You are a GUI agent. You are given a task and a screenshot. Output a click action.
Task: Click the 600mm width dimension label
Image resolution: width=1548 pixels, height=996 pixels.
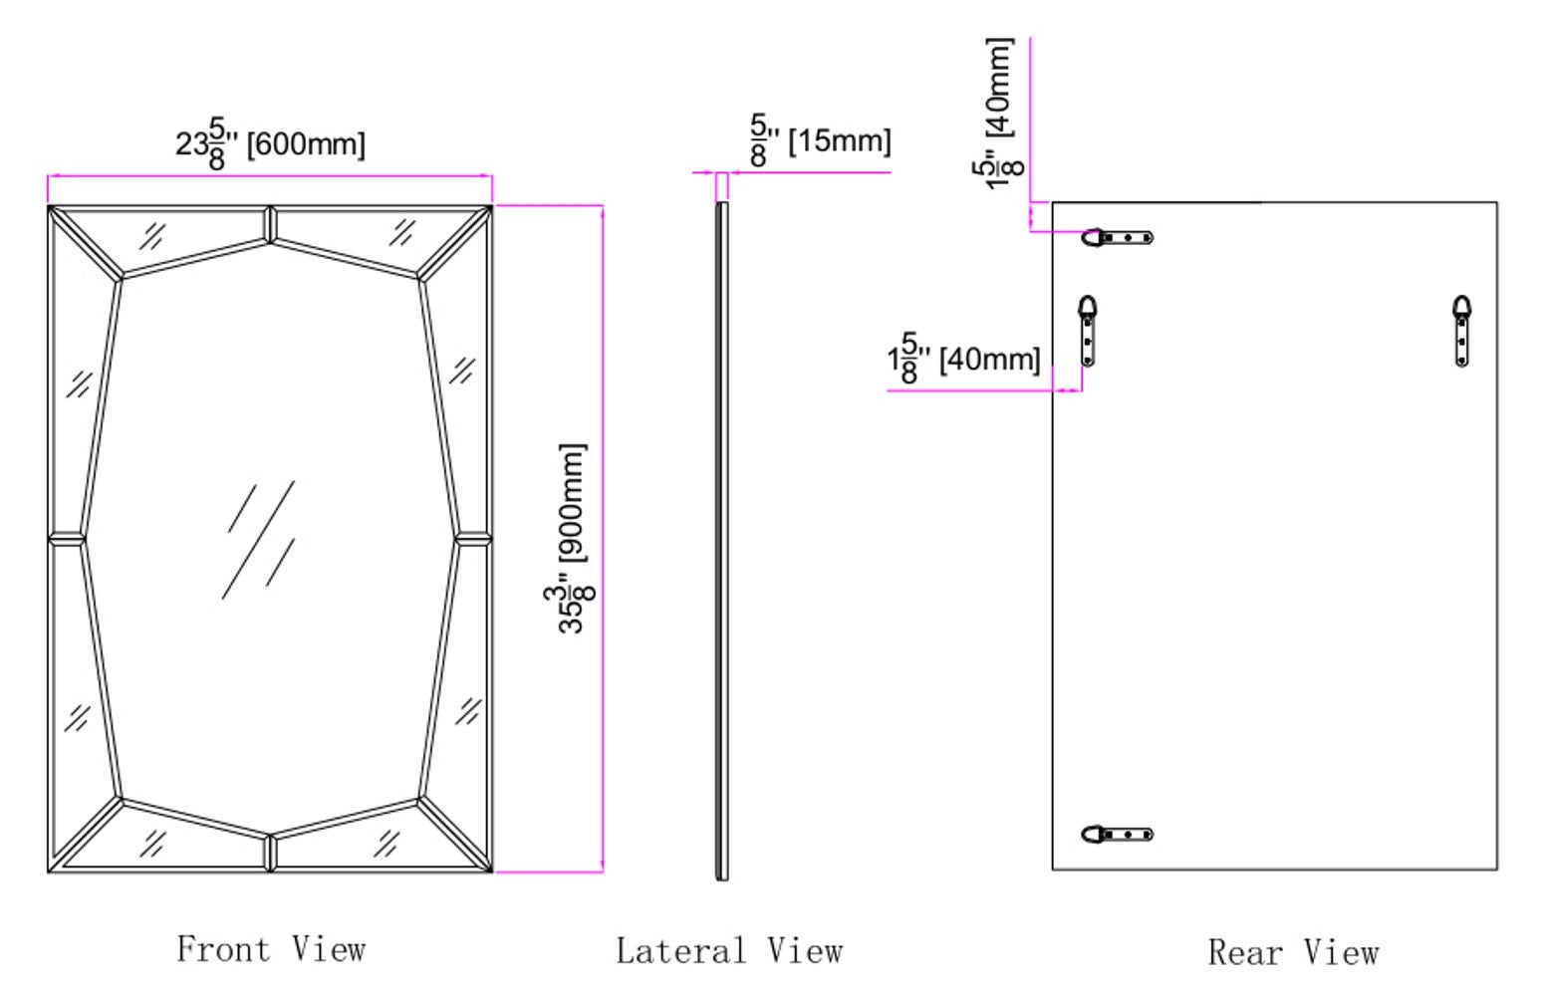click(270, 143)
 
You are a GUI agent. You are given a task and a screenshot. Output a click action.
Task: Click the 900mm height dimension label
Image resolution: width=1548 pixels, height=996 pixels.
click(572, 538)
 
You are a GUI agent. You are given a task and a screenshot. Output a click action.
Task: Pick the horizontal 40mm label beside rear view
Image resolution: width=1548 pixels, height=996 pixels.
click(963, 358)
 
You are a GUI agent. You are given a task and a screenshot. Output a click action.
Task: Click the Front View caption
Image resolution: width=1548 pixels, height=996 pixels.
click(271, 948)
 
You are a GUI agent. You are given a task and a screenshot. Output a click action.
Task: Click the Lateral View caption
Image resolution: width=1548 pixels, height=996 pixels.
click(729, 951)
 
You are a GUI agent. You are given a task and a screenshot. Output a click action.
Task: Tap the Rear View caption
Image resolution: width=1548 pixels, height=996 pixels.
click(1293, 952)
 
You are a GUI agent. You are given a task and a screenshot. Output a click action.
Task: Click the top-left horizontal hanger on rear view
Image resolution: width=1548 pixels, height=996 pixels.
click(1117, 237)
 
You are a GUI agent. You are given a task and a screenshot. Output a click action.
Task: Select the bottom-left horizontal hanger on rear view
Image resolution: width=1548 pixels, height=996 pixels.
click(1117, 834)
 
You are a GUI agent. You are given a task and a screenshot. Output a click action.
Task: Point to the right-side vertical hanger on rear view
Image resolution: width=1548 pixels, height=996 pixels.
click(1461, 331)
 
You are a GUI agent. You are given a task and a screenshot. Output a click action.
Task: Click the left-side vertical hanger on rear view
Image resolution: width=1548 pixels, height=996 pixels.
click(1088, 331)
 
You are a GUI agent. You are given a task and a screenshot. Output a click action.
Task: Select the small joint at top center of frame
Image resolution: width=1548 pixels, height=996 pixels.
click(270, 223)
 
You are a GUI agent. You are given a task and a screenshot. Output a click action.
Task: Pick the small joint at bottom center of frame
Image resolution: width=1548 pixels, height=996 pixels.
click(270, 854)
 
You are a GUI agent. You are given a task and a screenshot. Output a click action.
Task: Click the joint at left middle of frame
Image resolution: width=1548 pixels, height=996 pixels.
click(66, 539)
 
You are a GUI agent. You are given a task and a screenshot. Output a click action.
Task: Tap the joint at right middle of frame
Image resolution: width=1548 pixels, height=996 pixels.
click(473, 539)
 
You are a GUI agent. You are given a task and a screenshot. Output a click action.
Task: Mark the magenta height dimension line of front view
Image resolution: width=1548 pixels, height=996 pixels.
click(602, 538)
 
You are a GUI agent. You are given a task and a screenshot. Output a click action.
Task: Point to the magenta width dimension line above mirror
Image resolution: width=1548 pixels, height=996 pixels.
click(270, 175)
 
